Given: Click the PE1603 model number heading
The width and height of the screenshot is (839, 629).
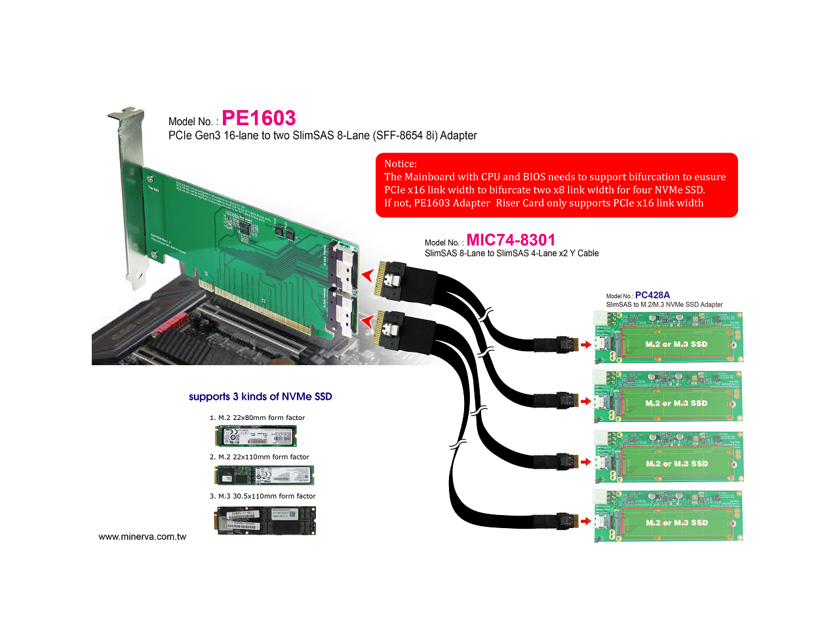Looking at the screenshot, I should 258,119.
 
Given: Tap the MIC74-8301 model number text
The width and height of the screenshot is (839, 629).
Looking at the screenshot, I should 511,240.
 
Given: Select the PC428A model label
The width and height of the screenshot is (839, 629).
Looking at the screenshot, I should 652,295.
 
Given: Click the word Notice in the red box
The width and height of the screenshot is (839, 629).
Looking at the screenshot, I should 400,164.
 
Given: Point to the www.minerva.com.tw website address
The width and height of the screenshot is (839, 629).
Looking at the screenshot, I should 142,537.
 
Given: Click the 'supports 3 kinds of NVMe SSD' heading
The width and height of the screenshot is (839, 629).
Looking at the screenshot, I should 260,396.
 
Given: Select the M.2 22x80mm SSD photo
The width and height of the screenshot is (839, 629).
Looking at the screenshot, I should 256,436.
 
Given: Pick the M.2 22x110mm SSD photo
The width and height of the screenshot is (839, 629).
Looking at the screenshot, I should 264,475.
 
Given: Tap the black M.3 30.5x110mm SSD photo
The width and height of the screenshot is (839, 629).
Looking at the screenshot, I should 265,520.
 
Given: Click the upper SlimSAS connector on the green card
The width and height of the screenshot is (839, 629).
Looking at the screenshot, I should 344,264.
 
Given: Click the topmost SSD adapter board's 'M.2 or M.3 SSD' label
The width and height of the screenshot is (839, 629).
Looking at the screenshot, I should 676,344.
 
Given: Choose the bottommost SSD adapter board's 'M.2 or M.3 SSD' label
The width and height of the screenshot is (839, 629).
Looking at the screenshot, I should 676,523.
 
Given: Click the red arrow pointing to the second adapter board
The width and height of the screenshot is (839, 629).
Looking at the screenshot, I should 586,401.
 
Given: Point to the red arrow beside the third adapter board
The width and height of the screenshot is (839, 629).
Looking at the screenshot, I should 586,462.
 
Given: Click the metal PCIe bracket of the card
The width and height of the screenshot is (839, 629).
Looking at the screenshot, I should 132,197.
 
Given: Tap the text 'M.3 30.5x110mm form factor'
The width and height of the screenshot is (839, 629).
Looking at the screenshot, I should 267,496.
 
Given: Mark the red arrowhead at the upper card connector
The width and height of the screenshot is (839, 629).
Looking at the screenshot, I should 367,275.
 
